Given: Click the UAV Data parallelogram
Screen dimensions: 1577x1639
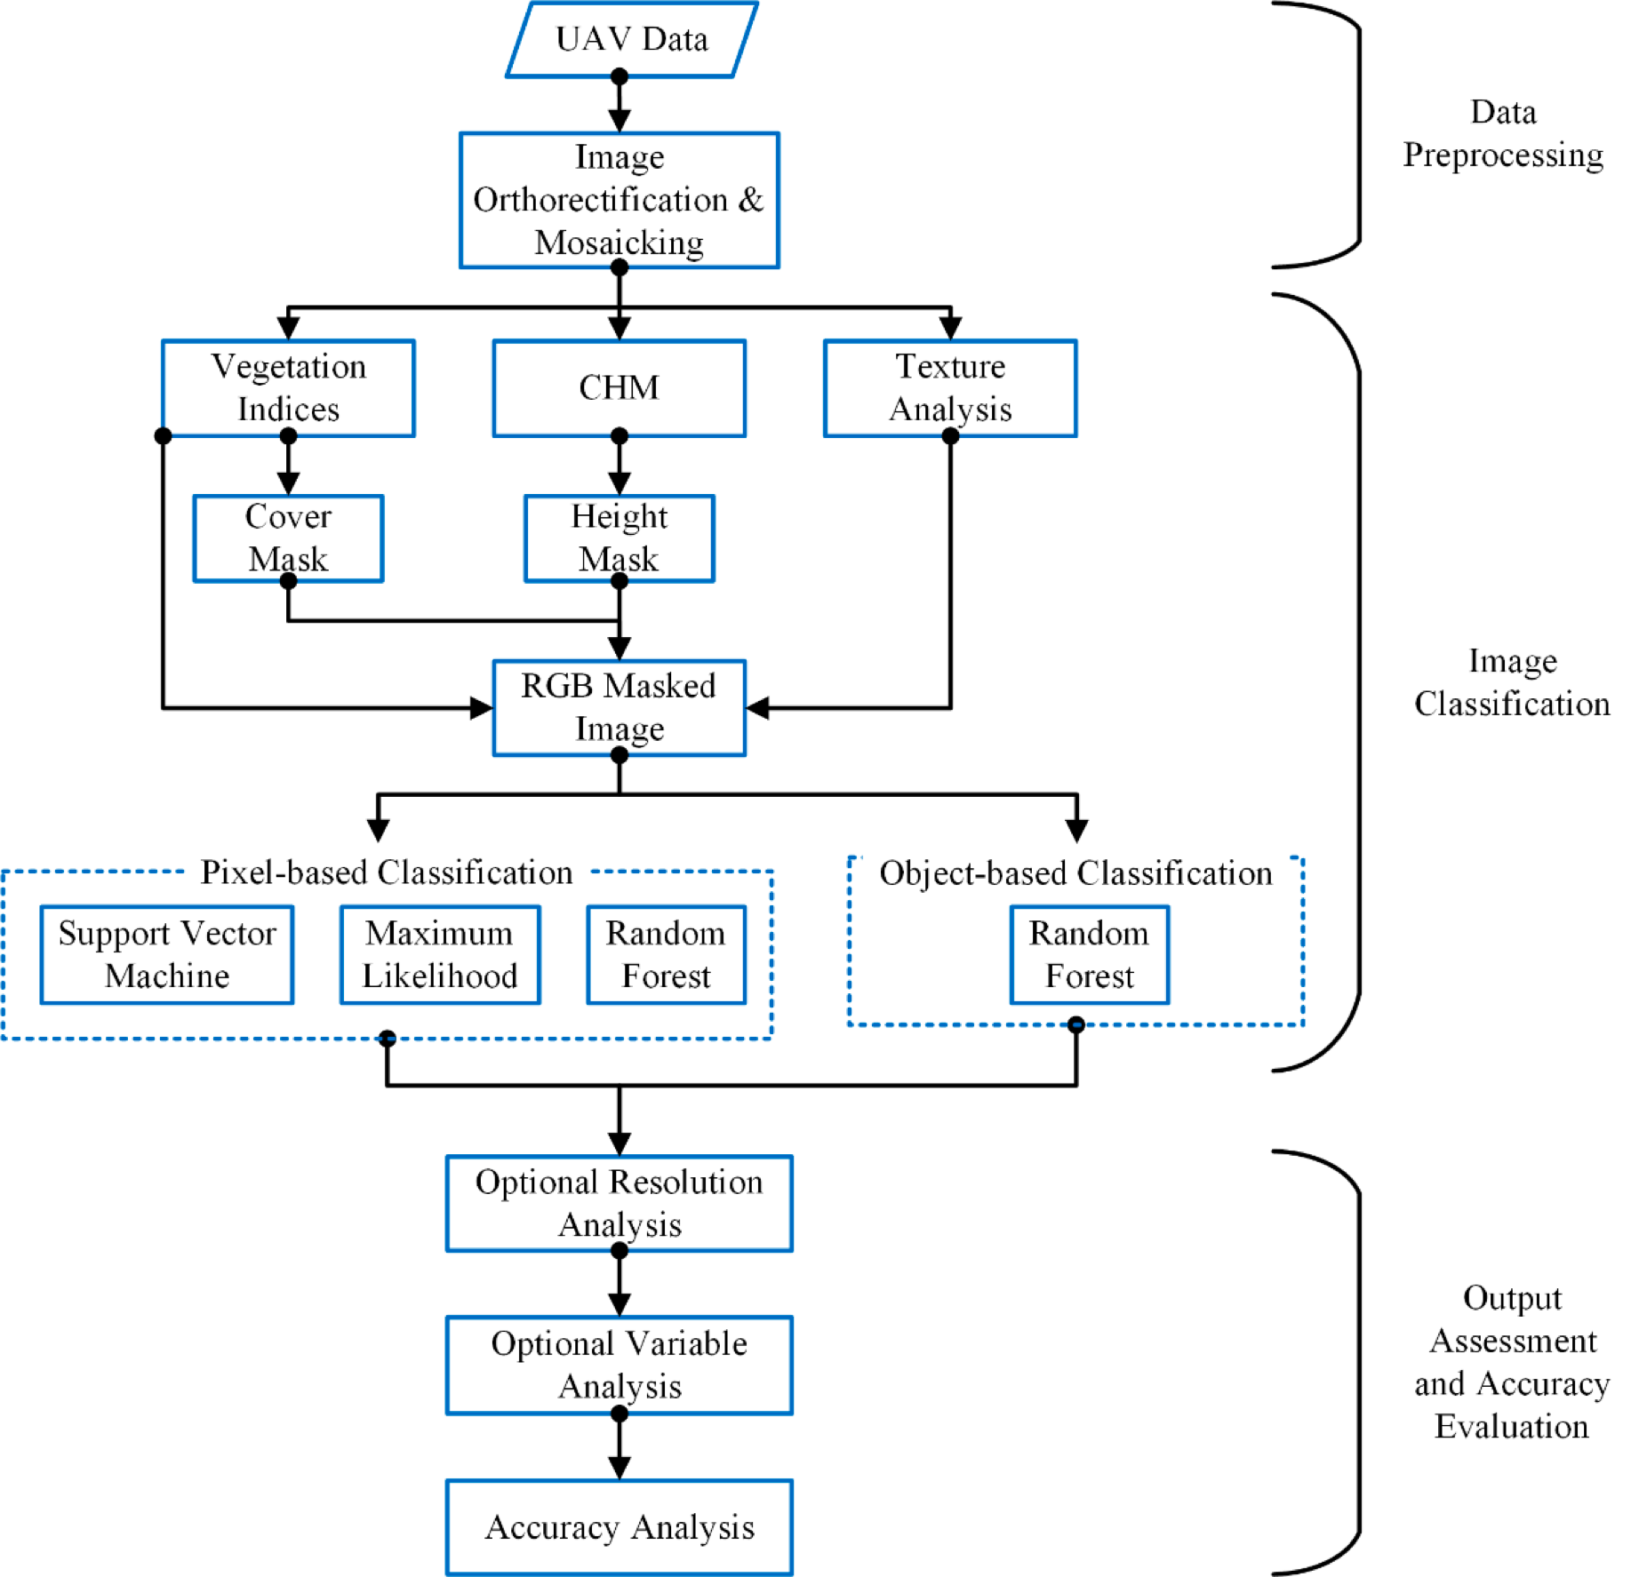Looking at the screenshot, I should click(x=631, y=39).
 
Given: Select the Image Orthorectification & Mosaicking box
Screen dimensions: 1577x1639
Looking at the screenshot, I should click(x=619, y=200).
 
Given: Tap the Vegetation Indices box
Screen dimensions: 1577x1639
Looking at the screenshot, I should click(x=288, y=388).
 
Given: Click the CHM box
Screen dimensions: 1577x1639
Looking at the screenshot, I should click(x=619, y=388).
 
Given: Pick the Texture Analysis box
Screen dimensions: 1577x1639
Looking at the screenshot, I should click(x=949, y=388).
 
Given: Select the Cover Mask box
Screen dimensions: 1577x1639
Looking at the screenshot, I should click(x=288, y=538).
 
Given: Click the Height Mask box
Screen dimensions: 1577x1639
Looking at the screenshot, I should click(x=619, y=538).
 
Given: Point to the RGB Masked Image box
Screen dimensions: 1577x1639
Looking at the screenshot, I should click(x=619, y=707).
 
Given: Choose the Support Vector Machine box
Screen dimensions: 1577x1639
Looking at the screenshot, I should click(x=167, y=954).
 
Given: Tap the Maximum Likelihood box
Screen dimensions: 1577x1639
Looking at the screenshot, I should click(x=440, y=954).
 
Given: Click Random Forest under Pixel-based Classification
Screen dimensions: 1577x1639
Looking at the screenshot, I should click(x=666, y=954).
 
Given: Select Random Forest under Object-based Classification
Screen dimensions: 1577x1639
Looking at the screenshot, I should click(x=1089, y=954).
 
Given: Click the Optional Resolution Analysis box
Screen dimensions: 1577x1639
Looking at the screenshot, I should click(x=619, y=1203).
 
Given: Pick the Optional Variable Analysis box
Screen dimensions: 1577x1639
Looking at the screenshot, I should click(x=619, y=1365).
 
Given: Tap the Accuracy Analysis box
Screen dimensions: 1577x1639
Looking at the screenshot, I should click(x=619, y=1527).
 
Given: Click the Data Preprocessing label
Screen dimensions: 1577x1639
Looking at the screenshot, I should click(x=1503, y=133).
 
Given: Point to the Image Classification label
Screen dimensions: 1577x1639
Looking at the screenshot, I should click(x=1512, y=682).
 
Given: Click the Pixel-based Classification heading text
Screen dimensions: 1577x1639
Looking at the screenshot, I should click(x=387, y=872).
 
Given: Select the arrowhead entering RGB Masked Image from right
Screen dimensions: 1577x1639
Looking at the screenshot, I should click(x=757, y=708).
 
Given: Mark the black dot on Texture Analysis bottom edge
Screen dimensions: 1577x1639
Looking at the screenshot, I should click(x=950, y=436).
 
